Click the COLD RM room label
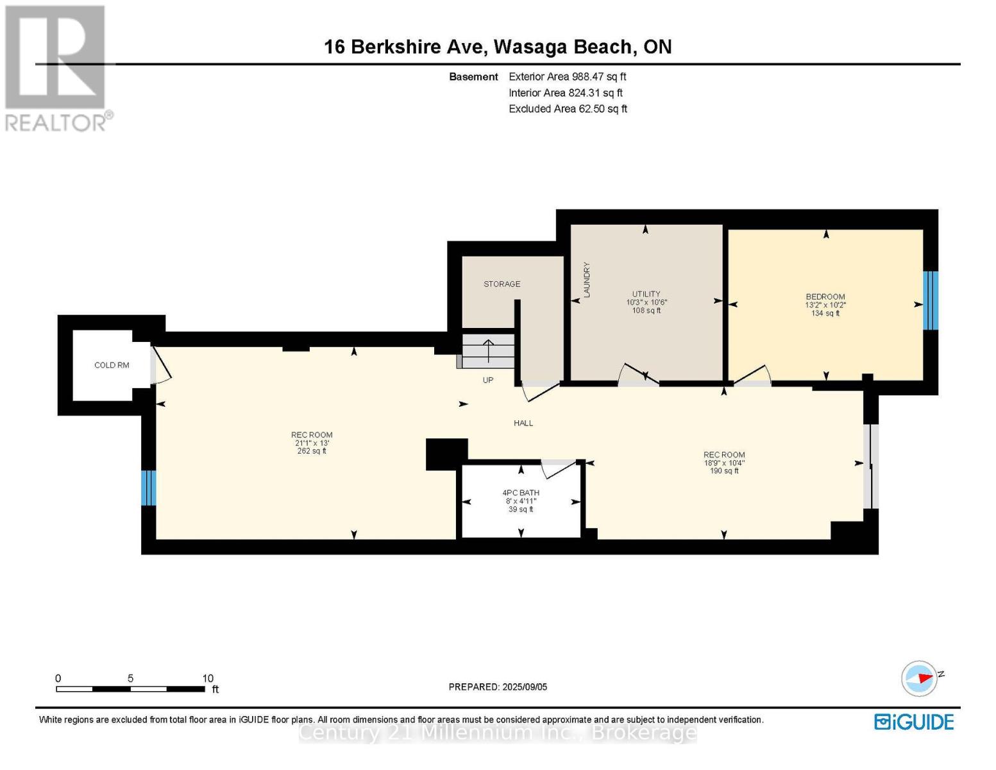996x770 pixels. [112, 365]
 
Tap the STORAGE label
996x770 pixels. [502, 284]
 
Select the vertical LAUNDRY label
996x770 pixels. [586, 280]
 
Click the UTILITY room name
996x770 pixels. [646, 294]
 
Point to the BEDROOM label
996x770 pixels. [825, 296]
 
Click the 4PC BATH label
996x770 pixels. [521, 493]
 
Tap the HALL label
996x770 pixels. [523, 423]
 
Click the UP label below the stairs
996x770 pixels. [487, 380]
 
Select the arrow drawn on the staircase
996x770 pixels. [488, 351]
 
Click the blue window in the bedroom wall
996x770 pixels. [930, 300]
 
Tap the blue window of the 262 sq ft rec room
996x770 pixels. [149, 488]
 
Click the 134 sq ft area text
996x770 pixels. [825, 313]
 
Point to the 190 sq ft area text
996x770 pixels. [723, 471]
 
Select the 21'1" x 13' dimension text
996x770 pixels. [312, 443]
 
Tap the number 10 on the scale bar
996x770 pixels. [208, 678]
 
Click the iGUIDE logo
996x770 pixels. [914, 722]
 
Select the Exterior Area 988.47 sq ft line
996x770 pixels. [567, 76]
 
